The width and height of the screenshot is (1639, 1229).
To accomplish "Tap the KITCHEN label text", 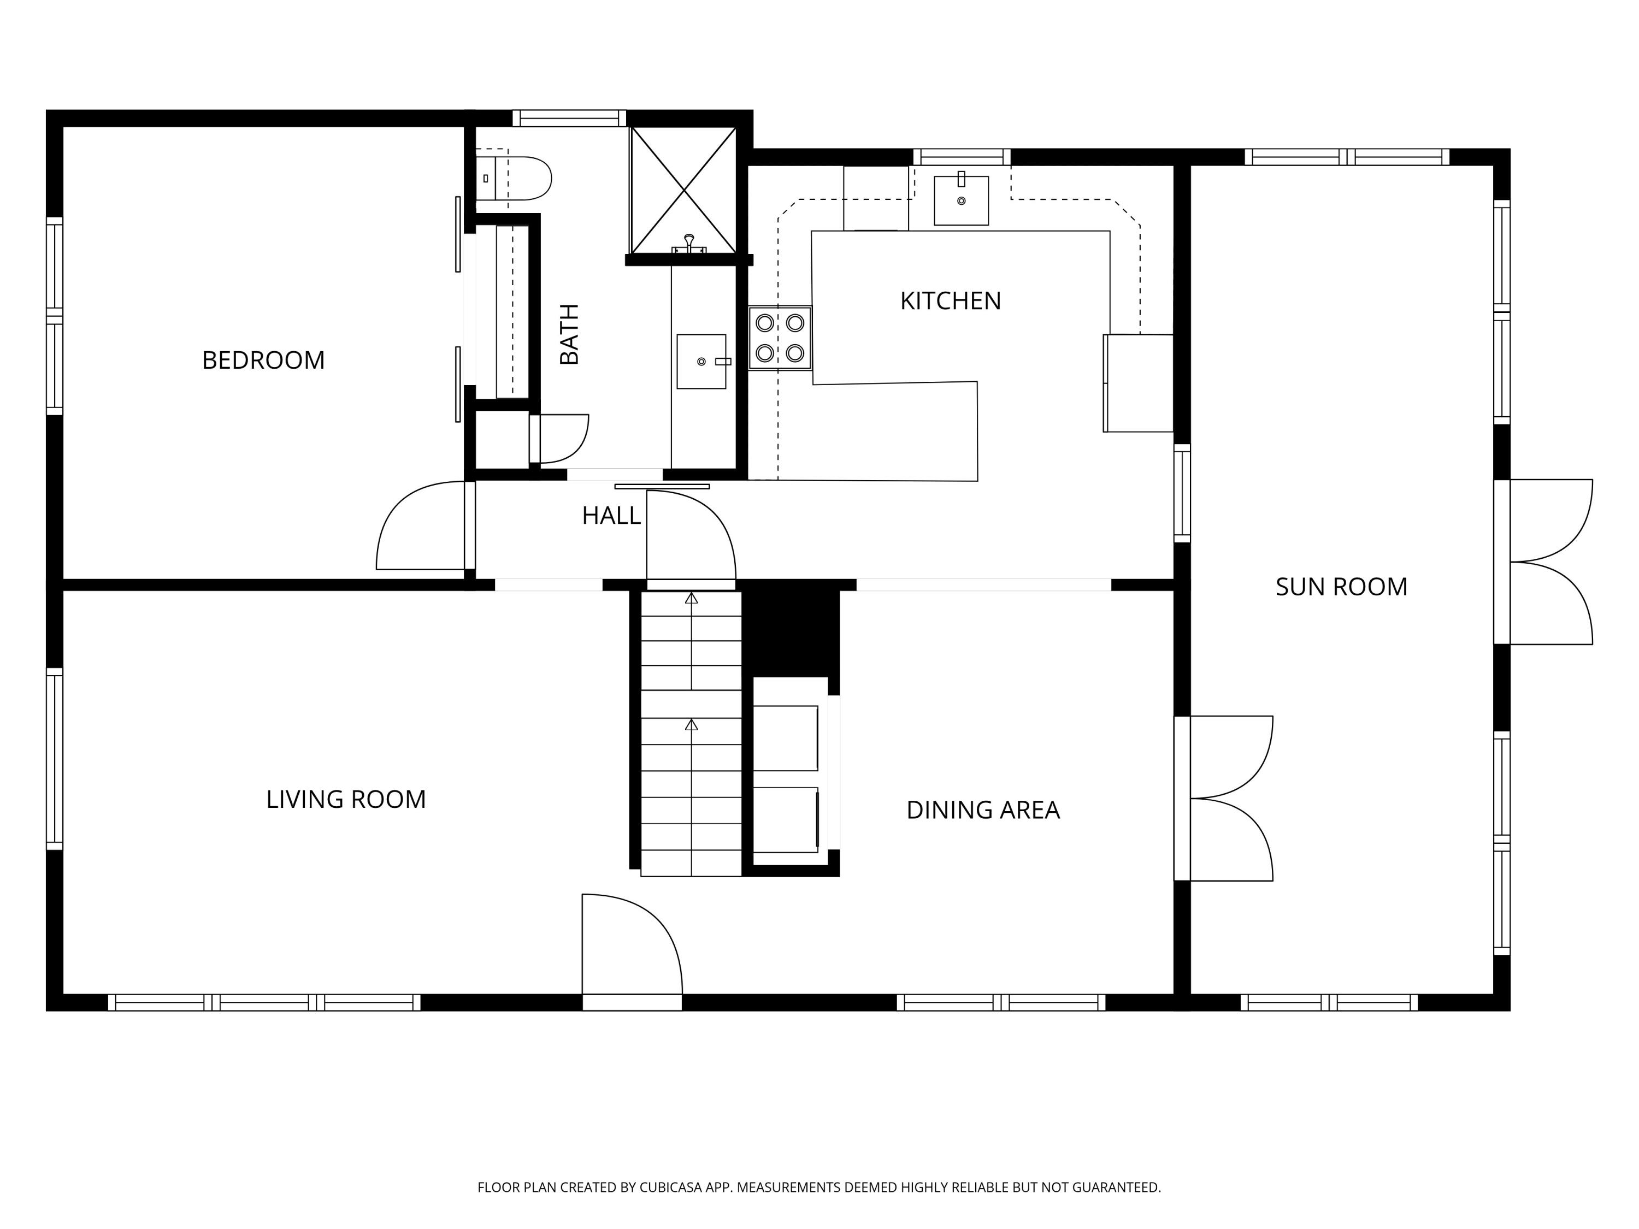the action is [951, 301].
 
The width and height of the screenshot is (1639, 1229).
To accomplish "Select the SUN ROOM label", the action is [1341, 587].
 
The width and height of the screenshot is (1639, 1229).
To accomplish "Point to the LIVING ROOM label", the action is [346, 799].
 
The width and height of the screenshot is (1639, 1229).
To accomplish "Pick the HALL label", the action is [611, 516].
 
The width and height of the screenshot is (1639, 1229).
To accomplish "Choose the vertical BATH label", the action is [569, 334].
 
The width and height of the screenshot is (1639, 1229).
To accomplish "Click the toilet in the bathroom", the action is [514, 178].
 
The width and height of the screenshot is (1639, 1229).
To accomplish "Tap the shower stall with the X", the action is [683, 191].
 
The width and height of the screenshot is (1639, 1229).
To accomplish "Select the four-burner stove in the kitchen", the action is [780, 338].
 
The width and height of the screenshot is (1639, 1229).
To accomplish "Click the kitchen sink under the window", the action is [961, 200].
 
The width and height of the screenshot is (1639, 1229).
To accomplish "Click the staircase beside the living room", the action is [691, 734].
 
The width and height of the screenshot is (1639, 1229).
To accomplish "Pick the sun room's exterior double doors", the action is [1543, 562].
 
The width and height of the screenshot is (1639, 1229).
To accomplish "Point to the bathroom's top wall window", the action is [569, 118].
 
